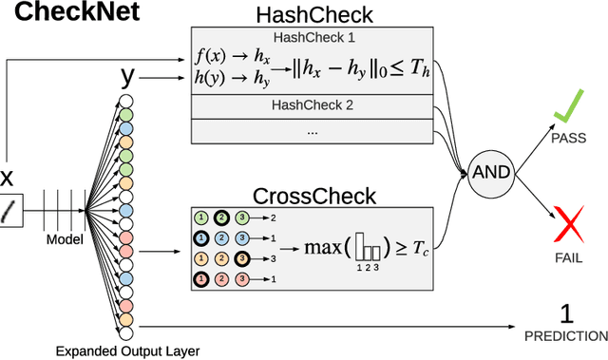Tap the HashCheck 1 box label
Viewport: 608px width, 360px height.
pyautogui.click(x=312, y=37)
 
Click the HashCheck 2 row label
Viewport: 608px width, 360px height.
pyautogui.click(x=312, y=104)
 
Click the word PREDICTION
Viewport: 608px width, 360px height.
pyautogui.click(x=566, y=335)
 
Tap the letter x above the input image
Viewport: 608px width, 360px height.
pyautogui.click(x=8, y=177)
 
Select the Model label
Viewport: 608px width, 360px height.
pyautogui.click(x=66, y=239)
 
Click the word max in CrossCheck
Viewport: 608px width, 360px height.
pyautogui.click(x=323, y=249)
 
